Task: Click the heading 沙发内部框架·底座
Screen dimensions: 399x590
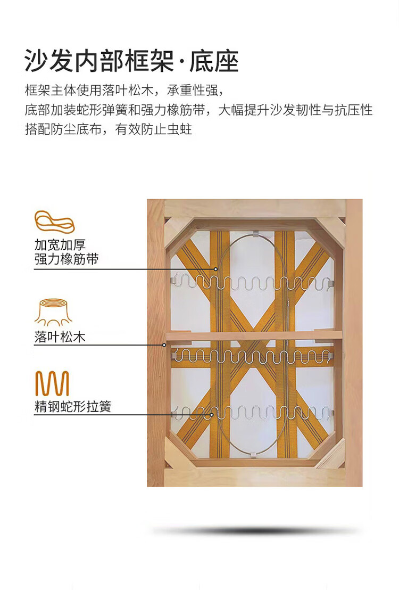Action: click(131, 61)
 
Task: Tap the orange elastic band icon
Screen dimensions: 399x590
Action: click(54, 222)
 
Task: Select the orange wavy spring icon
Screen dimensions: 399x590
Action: click(52, 383)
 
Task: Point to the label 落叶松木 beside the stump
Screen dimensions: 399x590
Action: click(60, 337)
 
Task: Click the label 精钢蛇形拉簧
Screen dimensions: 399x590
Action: click(72, 406)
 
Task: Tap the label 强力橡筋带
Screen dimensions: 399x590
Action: click(66, 259)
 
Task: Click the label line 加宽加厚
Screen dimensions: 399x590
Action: click(60, 245)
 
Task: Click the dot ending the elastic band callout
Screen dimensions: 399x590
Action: click(216, 269)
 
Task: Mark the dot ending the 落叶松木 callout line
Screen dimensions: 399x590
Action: click(164, 345)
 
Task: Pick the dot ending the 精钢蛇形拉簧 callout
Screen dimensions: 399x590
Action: click(212, 415)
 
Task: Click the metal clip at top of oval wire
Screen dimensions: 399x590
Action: click(255, 234)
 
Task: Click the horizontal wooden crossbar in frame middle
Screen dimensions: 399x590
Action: click(254, 336)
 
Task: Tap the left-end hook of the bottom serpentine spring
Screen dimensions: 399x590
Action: click(175, 414)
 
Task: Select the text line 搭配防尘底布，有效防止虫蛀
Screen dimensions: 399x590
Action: click(109, 129)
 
